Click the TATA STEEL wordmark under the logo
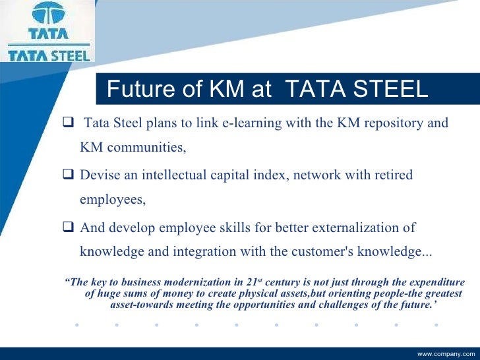pos(47,55)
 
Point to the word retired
pos(392,175)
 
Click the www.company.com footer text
pos(446,354)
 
